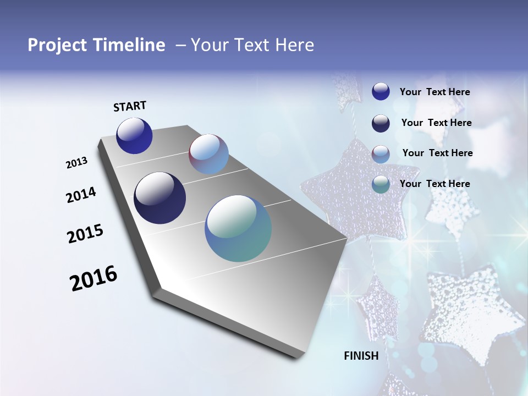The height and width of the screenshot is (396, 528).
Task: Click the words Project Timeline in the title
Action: coord(96,45)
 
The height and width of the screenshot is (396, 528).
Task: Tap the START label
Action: coord(130,106)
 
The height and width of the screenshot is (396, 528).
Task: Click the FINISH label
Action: coord(361,356)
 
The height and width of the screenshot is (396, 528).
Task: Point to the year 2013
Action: coord(77,163)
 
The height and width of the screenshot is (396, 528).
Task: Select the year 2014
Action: coord(81,195)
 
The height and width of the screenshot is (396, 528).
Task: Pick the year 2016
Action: coord(94,278)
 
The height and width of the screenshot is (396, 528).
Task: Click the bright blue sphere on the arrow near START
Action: coord(134,135)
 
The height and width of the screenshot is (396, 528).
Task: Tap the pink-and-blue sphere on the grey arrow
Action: coord(208,154)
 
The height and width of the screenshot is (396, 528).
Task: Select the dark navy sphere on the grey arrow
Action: coord(159,198)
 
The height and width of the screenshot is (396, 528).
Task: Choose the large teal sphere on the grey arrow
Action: coord(238,228)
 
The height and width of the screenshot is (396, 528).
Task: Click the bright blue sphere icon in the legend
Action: coord(381,92)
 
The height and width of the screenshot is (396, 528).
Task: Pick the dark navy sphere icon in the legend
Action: coord(381,123)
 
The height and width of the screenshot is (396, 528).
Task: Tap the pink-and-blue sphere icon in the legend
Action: coord(381,154)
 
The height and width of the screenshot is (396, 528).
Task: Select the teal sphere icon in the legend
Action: coord(381,184)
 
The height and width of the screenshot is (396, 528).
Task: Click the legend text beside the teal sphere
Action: coord(435,184)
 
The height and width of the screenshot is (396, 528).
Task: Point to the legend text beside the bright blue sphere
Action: coord(435,92)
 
